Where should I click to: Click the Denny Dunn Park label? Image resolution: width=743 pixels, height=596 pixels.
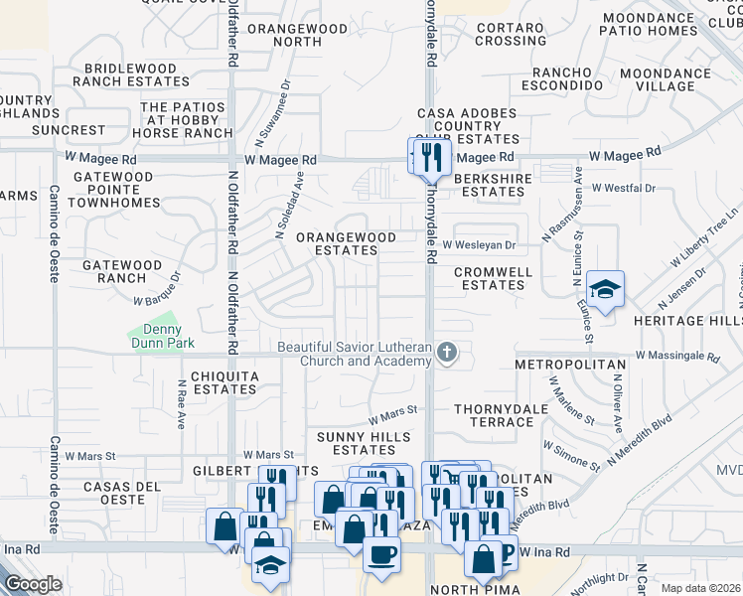point(156,337)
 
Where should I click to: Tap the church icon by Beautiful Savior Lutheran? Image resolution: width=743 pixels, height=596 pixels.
point(448,354)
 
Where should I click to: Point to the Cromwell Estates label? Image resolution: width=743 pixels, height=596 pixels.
point(493,278)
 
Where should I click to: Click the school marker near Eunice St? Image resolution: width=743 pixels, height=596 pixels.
point(605,289)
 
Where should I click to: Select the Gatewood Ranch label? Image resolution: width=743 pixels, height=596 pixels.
point(121,272)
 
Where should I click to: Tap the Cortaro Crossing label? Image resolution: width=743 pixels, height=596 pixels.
point(512,34)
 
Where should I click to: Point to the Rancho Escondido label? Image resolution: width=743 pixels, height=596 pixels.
point(567,79)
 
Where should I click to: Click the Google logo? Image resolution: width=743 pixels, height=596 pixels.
point(33,584)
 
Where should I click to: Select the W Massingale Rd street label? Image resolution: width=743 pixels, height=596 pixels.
point(676,355)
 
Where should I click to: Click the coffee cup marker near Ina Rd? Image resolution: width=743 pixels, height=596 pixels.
point(381,554)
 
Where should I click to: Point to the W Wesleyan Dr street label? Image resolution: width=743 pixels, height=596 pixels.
point(479,244)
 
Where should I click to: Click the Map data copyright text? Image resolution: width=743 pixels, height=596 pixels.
point(700,588)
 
